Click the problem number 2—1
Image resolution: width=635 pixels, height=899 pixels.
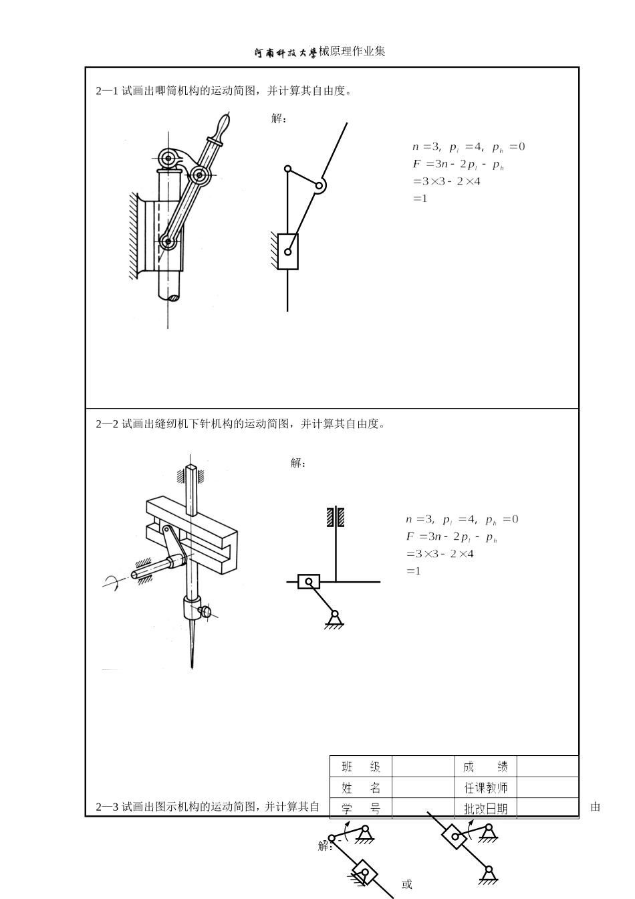pos(107,91)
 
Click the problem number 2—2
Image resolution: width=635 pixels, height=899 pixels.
pos(107,423)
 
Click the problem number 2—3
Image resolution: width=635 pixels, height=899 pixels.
pos(107,807)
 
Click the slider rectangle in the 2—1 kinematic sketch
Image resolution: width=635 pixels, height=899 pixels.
pos(288,252)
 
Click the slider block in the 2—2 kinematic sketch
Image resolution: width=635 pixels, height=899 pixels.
pos(308,582)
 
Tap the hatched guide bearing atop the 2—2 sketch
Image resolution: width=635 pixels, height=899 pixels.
pos(336,517)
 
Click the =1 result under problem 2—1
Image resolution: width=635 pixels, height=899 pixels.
pos(420,199)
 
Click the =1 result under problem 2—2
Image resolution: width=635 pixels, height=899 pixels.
pos(413,571)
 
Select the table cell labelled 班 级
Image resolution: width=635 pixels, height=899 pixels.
pos(361,767)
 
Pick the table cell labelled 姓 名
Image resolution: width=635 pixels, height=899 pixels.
pos(361,788)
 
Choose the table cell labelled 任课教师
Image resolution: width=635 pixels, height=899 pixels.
pos(486,788)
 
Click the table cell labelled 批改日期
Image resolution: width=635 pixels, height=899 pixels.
pos(486,809)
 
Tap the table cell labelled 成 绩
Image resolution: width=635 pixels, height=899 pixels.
pos(486,767)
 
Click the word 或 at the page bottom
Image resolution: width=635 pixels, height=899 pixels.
pos(407,884)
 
